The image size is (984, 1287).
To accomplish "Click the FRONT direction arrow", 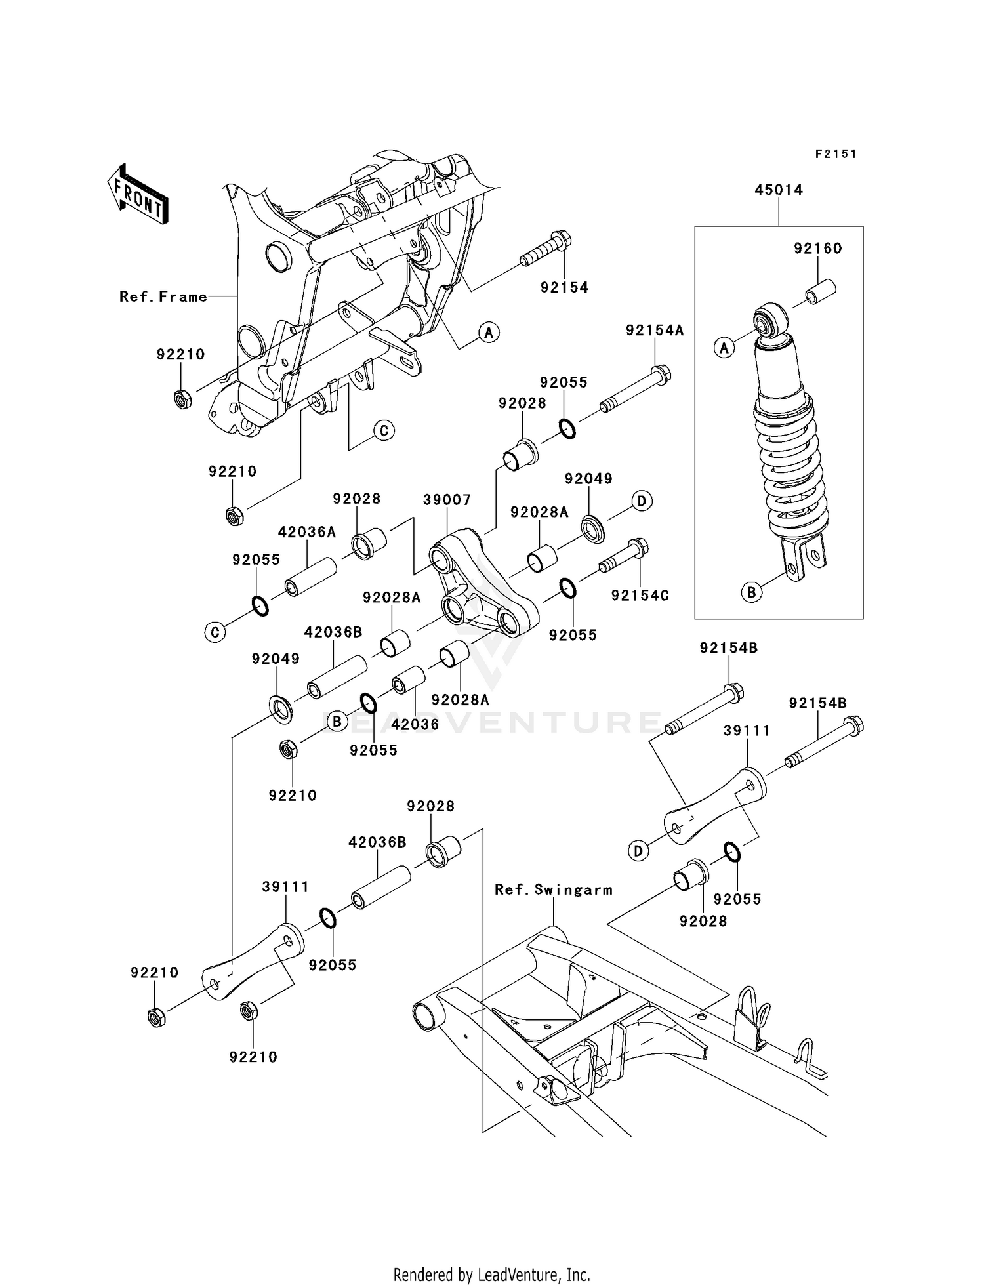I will coord(138,195).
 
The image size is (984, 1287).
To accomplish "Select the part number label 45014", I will coord(778,190).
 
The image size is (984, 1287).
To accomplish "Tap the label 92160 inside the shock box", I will coord(817,249).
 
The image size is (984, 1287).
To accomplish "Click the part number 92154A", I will coord(654,331).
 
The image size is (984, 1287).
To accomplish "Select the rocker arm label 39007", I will coord(447,500).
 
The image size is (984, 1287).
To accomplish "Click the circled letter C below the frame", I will coord(384,430).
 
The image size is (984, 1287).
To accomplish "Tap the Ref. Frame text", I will coord(163,297).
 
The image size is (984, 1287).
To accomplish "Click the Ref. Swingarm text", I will coord(554,889).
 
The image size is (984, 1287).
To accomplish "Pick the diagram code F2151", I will coord(836,154).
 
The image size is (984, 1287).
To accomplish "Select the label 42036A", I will coord(307,532).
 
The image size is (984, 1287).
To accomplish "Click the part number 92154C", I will coord(640,595).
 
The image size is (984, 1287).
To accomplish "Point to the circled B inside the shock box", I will coord(752,592).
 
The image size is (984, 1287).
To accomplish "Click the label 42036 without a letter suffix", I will coord(415,724).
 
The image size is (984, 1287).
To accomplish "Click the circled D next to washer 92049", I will coord(642,501).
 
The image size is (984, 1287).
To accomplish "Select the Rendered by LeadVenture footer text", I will coord(491,1275).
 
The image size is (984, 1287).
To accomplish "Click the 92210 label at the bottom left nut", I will coord(154,973).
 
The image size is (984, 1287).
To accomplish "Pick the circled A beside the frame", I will coord(489,333).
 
